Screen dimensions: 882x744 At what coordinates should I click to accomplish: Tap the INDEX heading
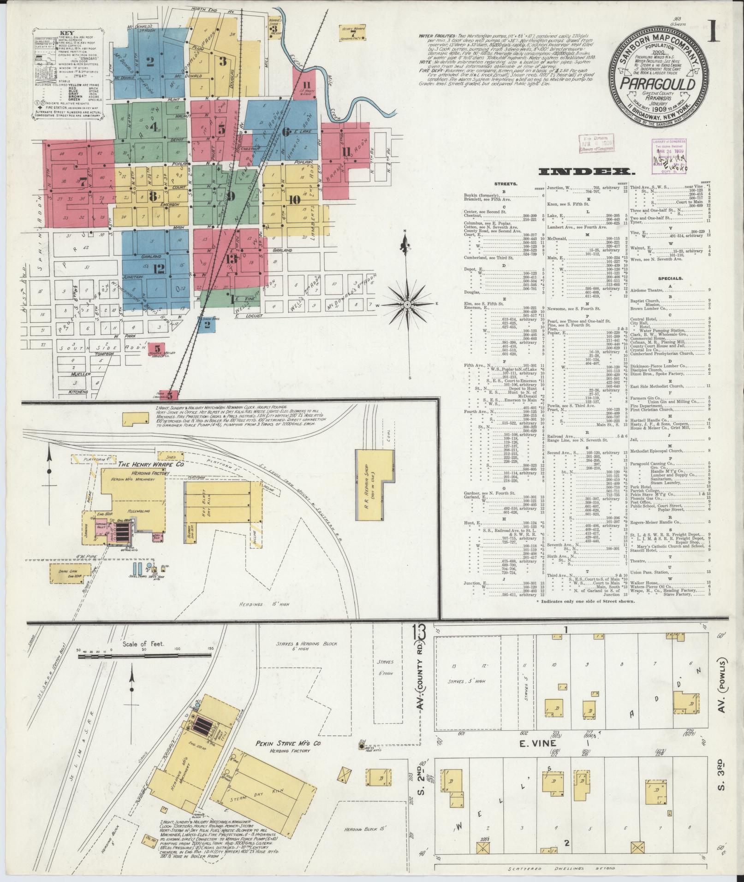[x=585, y=172]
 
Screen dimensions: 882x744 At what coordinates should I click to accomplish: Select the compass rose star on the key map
[x=408, y=305]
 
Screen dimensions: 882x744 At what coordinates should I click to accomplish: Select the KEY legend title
[x=65, y=33]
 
